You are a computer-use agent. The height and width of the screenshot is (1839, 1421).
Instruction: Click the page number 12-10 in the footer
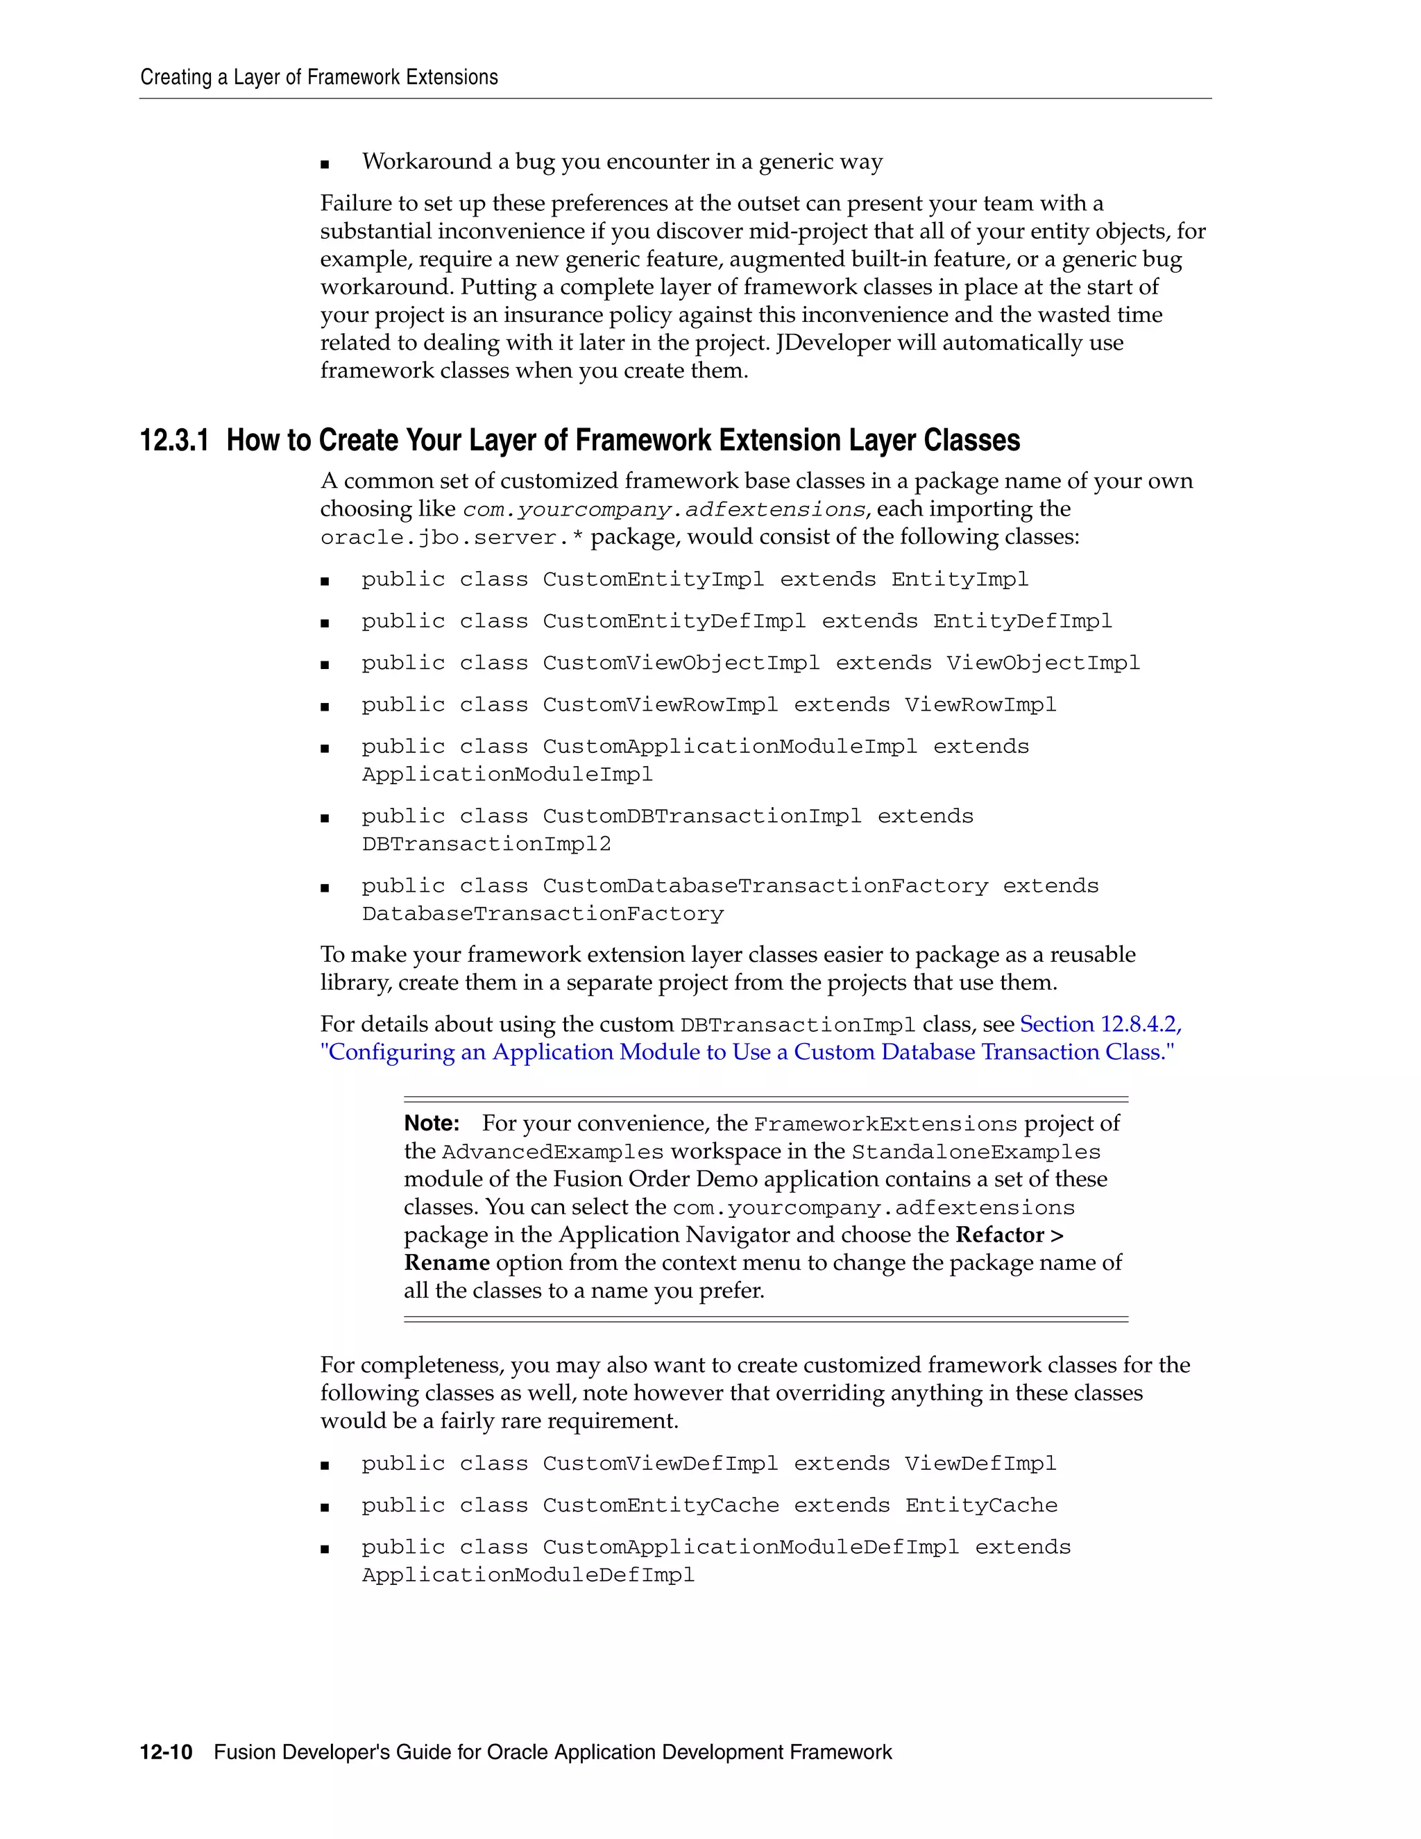tap(166, 1752)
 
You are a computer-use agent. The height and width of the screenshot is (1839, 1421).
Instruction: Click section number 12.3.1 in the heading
tap(173, 441)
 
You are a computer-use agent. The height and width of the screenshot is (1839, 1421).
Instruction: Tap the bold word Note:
tap(432, 1124)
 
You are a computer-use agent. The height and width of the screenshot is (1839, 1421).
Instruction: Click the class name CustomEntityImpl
tap(653, 579)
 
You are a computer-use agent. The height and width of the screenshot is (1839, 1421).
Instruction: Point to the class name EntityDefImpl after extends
tap(1022, 621)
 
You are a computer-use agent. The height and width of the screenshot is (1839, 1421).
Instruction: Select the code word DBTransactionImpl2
tap(486, 844)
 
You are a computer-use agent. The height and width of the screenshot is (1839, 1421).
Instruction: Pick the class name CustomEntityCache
tap(661, 1506)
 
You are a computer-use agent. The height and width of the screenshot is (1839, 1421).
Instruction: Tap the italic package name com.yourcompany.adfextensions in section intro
tap(664, 509)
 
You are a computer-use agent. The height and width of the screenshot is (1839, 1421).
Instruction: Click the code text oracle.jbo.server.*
tap(452, 537)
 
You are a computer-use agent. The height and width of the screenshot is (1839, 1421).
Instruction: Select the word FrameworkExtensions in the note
tap(885, 1124)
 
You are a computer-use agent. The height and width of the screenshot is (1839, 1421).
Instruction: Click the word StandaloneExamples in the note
tap(976, 1152)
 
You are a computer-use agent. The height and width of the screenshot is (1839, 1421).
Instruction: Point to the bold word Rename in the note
tap(447, 1262)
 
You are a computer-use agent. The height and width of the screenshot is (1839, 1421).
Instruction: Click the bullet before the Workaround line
tap(325, 163)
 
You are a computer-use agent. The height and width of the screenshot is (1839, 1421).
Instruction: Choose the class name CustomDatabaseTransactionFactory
tap(765, 885)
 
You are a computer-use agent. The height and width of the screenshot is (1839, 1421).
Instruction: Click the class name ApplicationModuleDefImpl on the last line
tap(528, 1575)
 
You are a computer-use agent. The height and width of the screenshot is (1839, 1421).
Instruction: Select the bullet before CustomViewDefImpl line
tap(325, 1465)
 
